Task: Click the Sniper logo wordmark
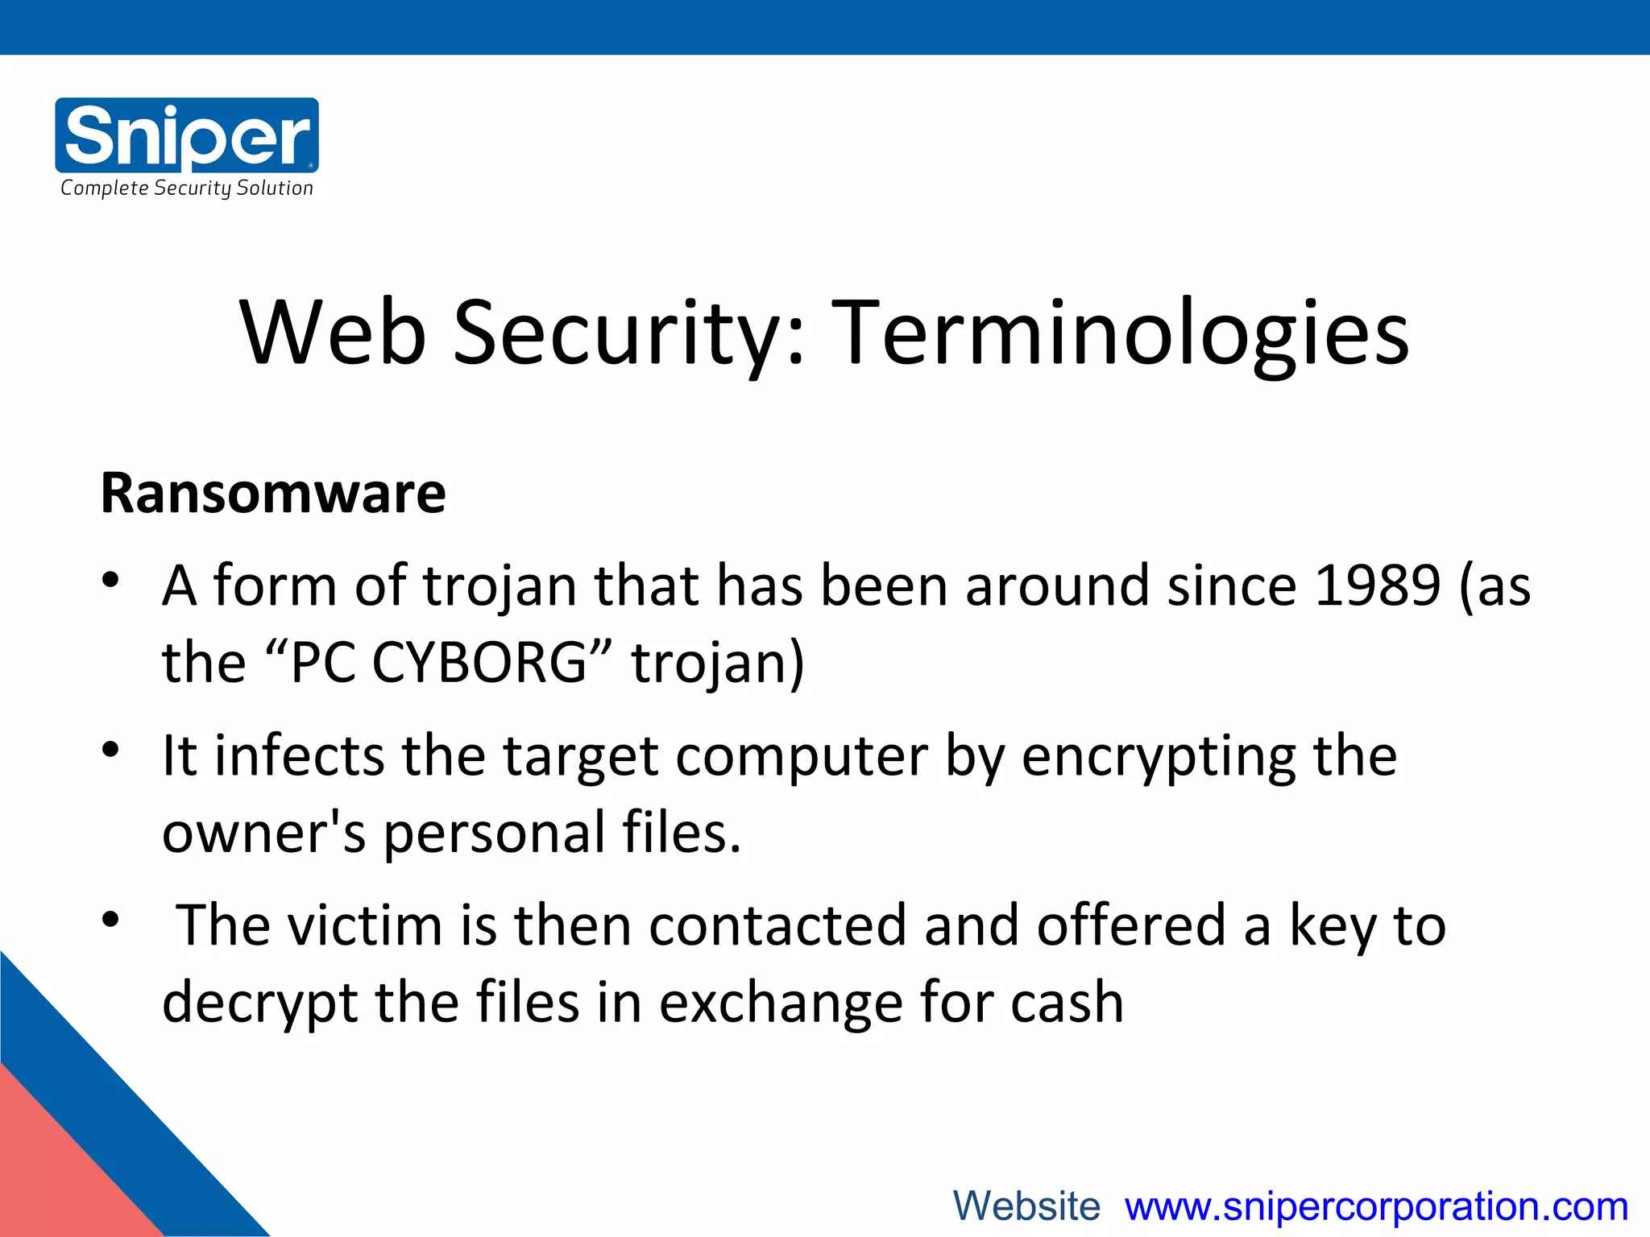[x=187, y=134]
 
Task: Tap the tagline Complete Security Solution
[x=187, y=188]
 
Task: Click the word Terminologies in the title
[x=1120, y=333]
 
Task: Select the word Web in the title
[x=333, y=333]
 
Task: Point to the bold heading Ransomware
[x=273, y=493]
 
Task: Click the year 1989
[x=1377, y=585]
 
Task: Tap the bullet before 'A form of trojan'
[x=111, y=580]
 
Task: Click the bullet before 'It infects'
[x=111, y=750]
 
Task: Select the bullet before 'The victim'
[x=111, y=919]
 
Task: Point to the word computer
[x=802, y=758]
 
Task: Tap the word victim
[x=365, y=925]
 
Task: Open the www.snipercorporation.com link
[x=1376, y=1206]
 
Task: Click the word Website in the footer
[x=1026, y=1206]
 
